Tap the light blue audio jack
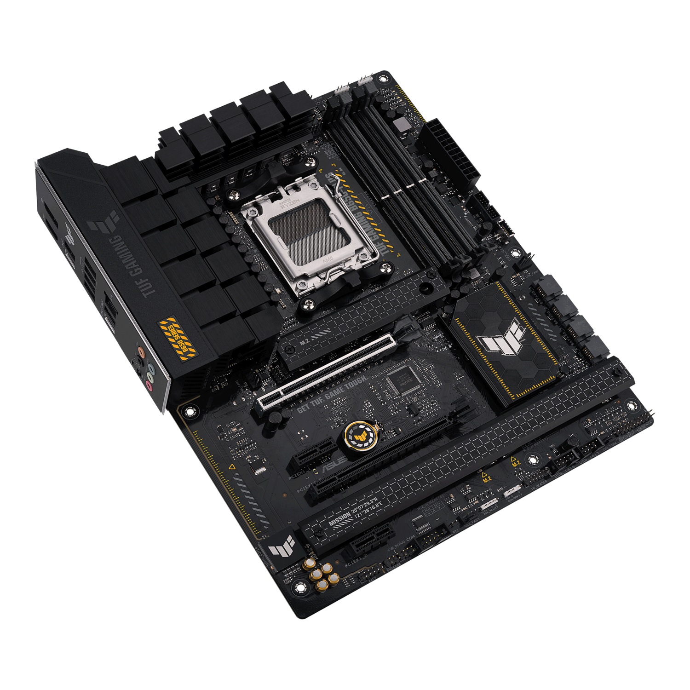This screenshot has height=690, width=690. pyautogui.click(x=153, y=370)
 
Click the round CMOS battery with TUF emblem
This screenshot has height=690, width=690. pyautogui.click(x=359, y=434)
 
